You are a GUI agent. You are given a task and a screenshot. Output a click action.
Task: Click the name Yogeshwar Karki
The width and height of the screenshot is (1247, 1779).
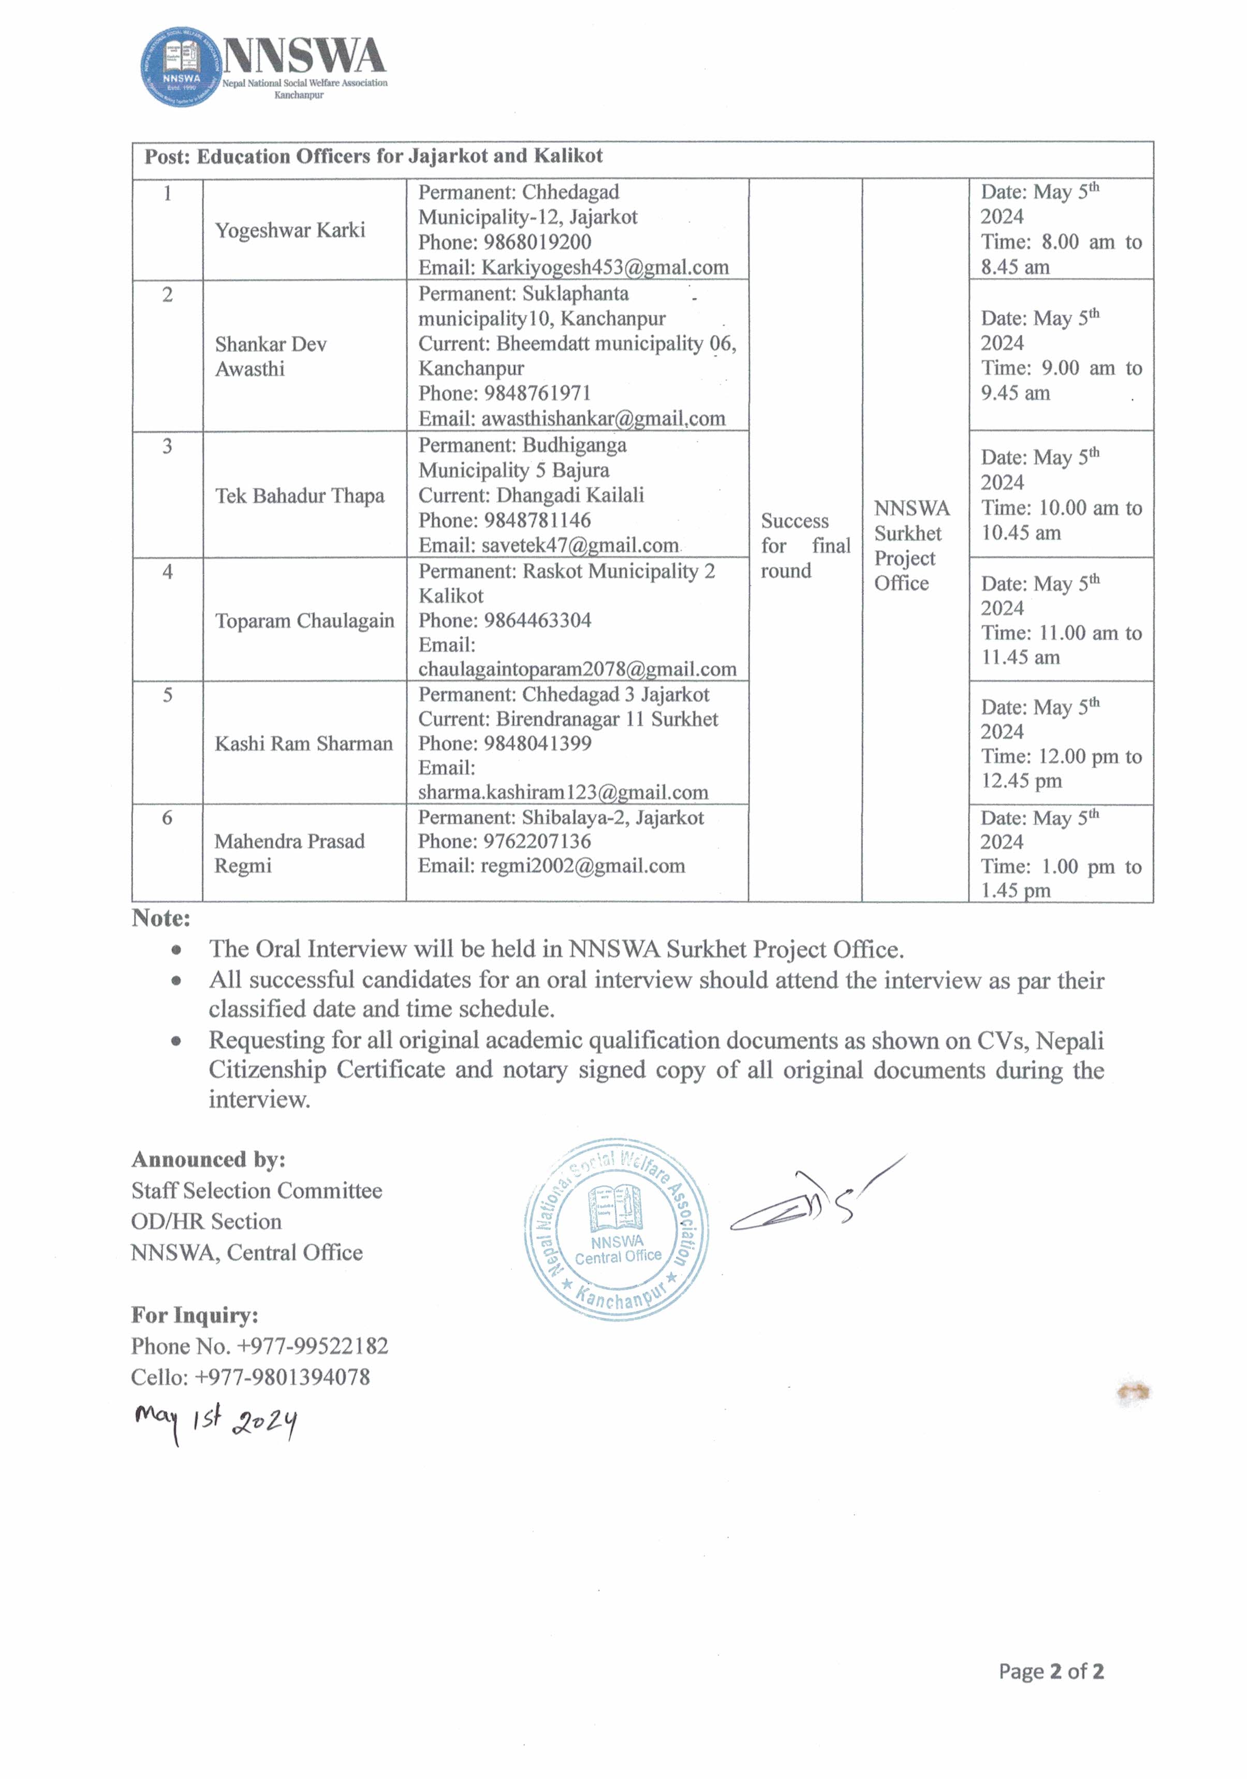290,230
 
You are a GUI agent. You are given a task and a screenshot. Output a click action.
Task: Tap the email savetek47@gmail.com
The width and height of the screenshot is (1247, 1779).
579,546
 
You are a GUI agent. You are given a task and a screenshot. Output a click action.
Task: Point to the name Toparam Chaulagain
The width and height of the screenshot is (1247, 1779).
304,621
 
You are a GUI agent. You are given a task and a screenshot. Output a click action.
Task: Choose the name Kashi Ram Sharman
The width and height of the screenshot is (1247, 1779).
303,744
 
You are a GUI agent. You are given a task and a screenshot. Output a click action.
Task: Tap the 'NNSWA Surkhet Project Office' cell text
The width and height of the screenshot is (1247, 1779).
912,546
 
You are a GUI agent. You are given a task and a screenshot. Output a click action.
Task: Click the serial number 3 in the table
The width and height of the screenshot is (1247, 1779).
167,446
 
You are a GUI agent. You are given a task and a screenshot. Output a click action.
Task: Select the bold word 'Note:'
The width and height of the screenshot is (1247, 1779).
161,918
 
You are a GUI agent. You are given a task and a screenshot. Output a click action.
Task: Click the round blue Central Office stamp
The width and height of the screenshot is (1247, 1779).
616,1230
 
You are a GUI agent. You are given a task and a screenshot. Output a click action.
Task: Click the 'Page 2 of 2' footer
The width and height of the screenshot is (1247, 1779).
1050,1671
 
